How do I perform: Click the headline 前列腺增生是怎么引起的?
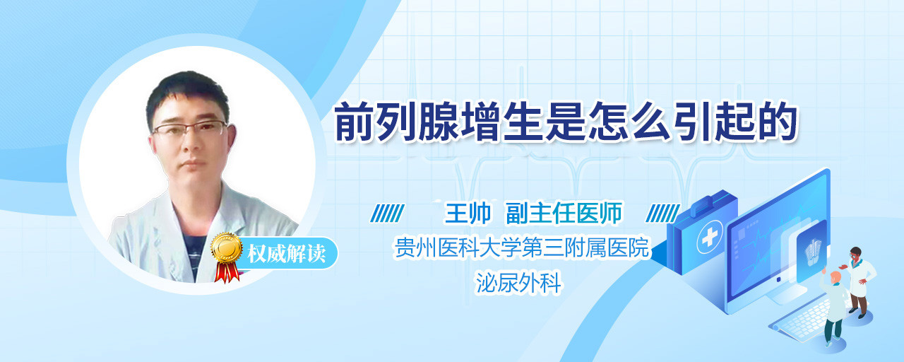click(566, 122)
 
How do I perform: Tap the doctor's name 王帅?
click(468, 213)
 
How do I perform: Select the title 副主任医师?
click(564, 213)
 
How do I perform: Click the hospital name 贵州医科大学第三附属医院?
click(522, 247)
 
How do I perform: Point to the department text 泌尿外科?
click(518, 282)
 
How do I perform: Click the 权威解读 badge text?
click(287, 253)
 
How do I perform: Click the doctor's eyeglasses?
click(190, 129)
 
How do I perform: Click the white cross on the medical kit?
click(710, 237)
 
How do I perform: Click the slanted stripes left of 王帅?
click(387, 214)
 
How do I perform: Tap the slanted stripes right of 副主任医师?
click(662, 214)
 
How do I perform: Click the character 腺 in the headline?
click(439, 122)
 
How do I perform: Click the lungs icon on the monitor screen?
click(812, 250)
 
